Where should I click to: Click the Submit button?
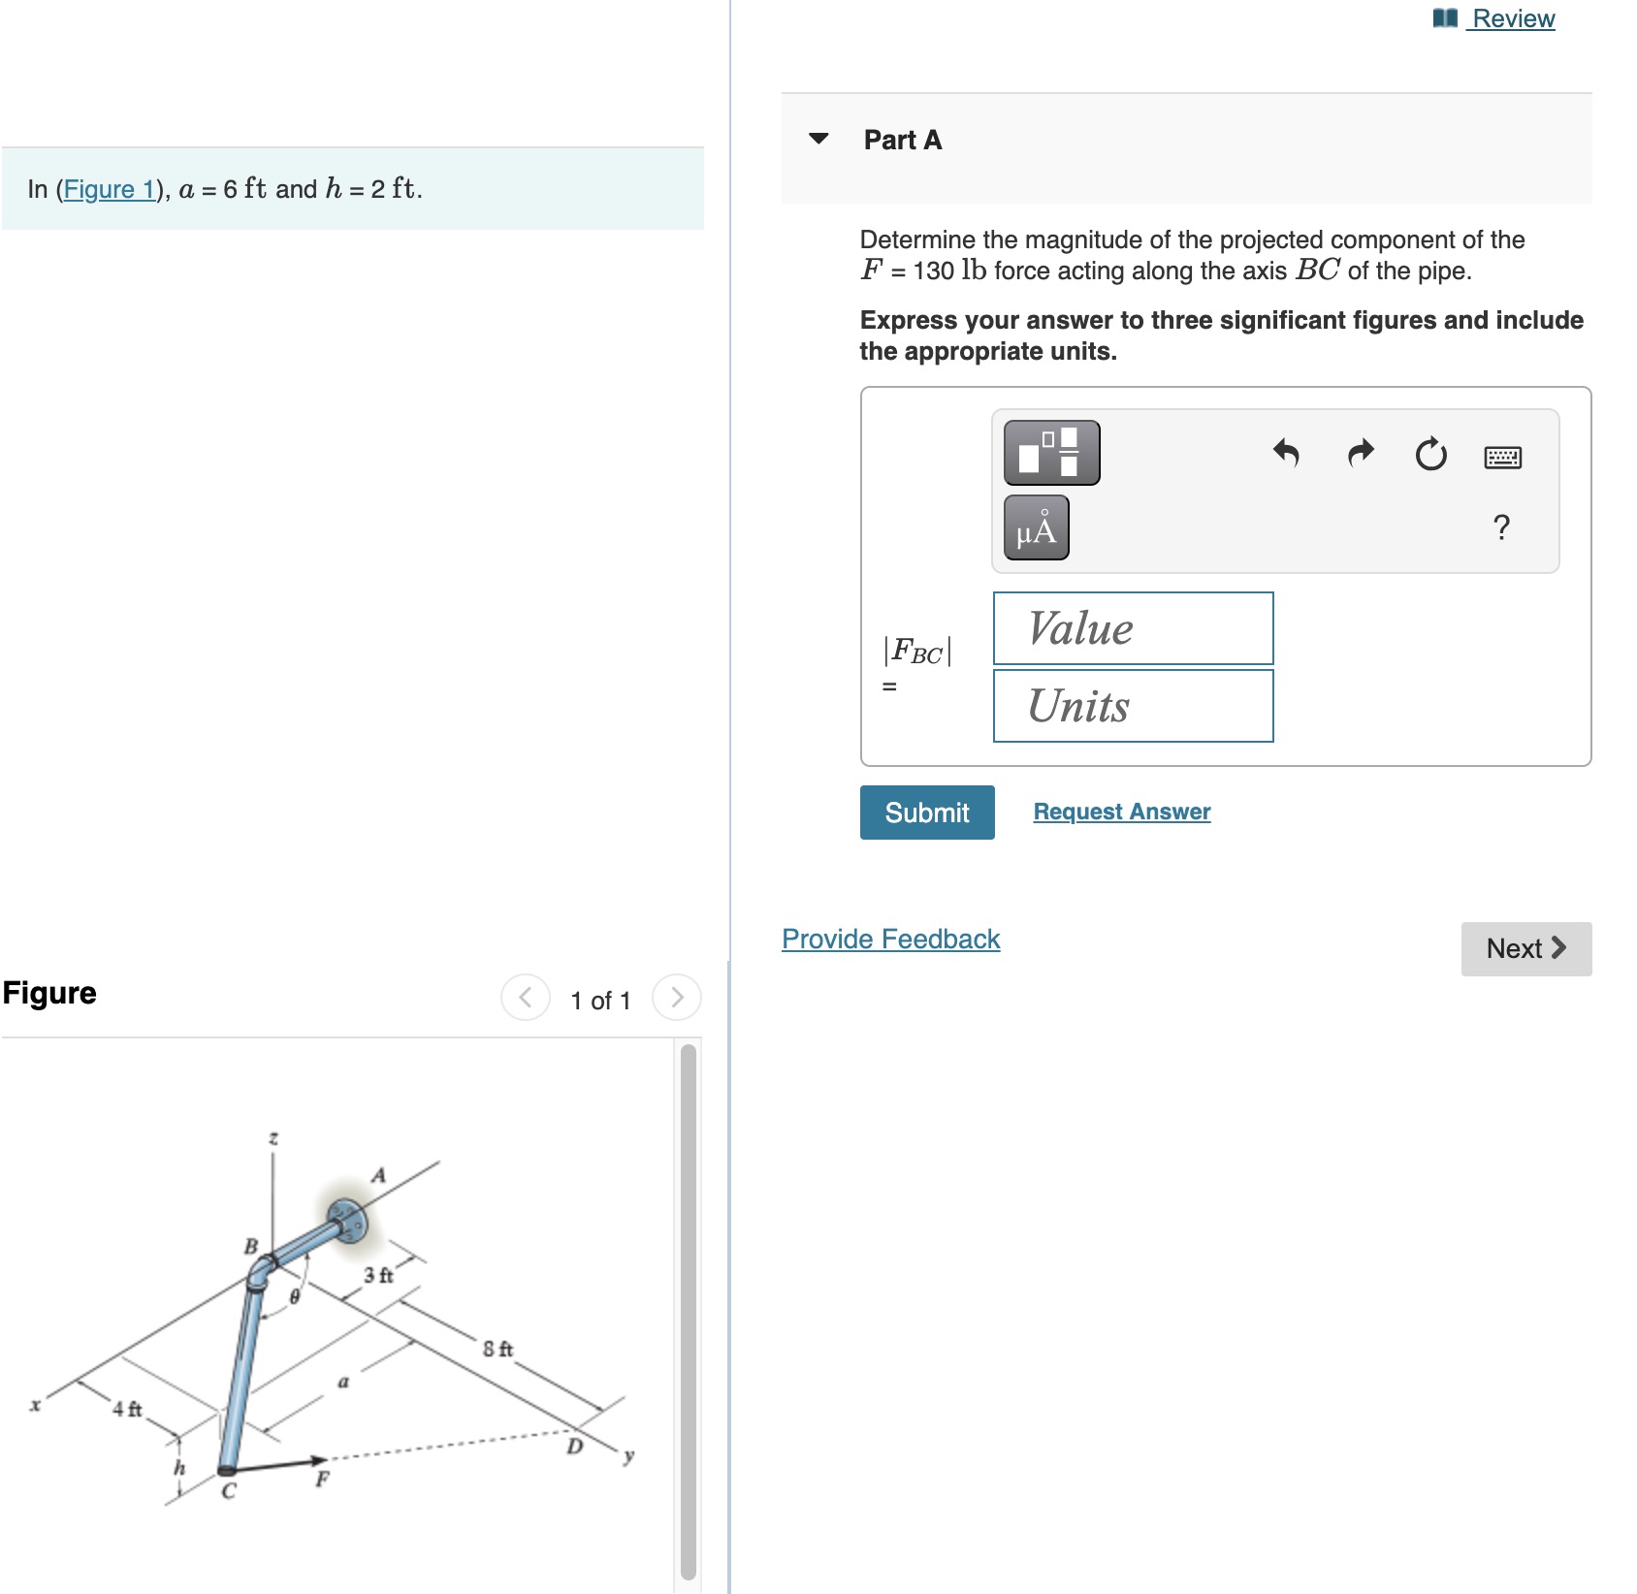click(926, 813)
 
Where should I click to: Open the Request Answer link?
click(1121, 812)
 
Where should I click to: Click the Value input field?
click(1133, 628)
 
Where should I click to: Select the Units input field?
click(1133, 706)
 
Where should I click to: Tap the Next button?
click(1525, 948)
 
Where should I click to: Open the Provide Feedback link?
click(890, 939)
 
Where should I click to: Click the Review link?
click(1512, 18)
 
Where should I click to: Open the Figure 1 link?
click(109, 189)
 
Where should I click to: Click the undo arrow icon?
click(1286, 453)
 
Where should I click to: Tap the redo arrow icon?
click(1361, 453)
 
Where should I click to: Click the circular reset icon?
click(1430, 454)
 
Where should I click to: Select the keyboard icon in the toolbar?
click(1502, 457)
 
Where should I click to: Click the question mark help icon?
click(1501, 527)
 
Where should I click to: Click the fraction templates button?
click(1051, 453)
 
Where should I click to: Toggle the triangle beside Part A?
click(818, 139)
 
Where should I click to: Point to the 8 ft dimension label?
click(498, 1349)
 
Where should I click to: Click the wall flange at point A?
click(346, 1220)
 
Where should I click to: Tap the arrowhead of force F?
click(317, 1460)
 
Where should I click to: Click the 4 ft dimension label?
click(127, 1409)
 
